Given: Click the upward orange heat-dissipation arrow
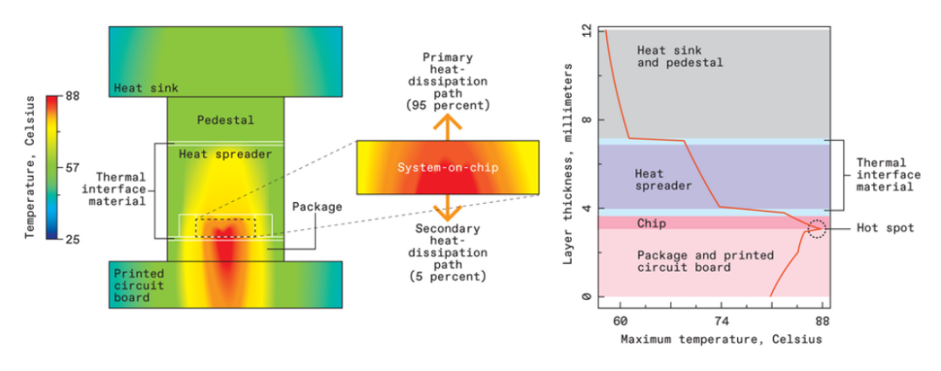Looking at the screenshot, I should click(x=448, y=126).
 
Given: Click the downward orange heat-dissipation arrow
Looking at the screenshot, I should click(x=448, y=207).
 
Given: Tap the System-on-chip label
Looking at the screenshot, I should click(x=448, y=167).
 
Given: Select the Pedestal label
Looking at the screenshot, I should click(x=225, y=120).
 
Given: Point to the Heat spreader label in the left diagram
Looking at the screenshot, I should click(x=225, y=154).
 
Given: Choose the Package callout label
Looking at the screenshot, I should click(x=317, y=207).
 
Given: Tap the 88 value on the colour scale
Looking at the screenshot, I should click(x=72, y=96).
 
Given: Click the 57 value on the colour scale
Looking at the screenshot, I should click(x=72, y=166).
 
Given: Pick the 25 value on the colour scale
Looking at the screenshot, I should click(x=72, y=238).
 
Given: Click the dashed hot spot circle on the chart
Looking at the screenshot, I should click(x=816, y=229).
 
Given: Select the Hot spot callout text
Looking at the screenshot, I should click(x=886, y=228).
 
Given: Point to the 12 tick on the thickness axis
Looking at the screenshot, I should click(x=586, y=30).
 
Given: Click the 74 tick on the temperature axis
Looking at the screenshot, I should click(x=721, y=320).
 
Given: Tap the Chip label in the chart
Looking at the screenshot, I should click(x=651, y=224).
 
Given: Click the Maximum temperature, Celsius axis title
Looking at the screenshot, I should click(x=721, y=339).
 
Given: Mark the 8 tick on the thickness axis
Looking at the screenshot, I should click(x=587, y=119).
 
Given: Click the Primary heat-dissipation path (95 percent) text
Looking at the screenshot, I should click(x=448, y=81).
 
